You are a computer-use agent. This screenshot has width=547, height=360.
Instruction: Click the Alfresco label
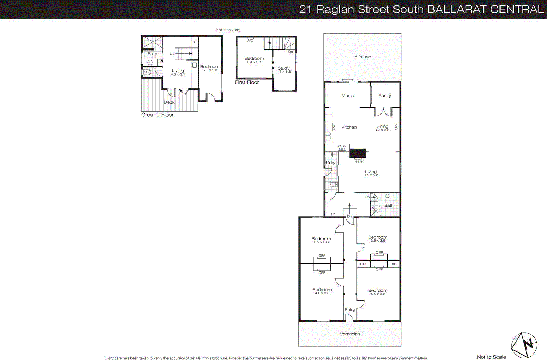[x=362, y=57]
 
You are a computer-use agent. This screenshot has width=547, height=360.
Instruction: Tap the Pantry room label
[x=385, y=96]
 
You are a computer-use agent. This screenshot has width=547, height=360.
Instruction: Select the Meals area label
[x=347, y=96]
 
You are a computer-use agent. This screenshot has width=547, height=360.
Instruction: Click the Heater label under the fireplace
[x=358, y=161]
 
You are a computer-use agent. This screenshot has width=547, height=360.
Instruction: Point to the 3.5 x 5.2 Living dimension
[x=371, y=175]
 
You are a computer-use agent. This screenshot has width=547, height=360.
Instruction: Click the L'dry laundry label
[x=331, y=163]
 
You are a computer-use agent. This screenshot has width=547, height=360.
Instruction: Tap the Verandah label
[x=350, y=334]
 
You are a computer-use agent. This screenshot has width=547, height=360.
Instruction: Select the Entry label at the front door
[x=349, y=310]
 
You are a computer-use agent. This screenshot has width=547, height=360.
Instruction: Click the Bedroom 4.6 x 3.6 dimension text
[x=322, y=293]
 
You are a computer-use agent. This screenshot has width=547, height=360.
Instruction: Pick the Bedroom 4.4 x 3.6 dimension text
[x=378, y=294]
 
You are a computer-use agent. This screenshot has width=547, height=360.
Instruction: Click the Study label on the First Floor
[x=283, y=68]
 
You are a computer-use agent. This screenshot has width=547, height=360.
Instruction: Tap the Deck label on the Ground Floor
[x=169, y=102]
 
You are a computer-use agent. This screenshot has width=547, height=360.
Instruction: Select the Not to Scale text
[x=491, y=357]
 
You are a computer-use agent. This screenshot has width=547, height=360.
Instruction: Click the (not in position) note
[x=228, y=30]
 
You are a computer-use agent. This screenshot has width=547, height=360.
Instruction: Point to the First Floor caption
[x=247, y=82]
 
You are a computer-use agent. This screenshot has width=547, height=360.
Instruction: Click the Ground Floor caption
[x=157, y=115]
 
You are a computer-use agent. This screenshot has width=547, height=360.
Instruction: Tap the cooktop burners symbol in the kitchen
[x=342, y=148]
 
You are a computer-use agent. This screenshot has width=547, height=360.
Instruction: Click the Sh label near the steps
[x=333, y=214]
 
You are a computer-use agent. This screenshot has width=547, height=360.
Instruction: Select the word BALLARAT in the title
[x=457, y=9]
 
